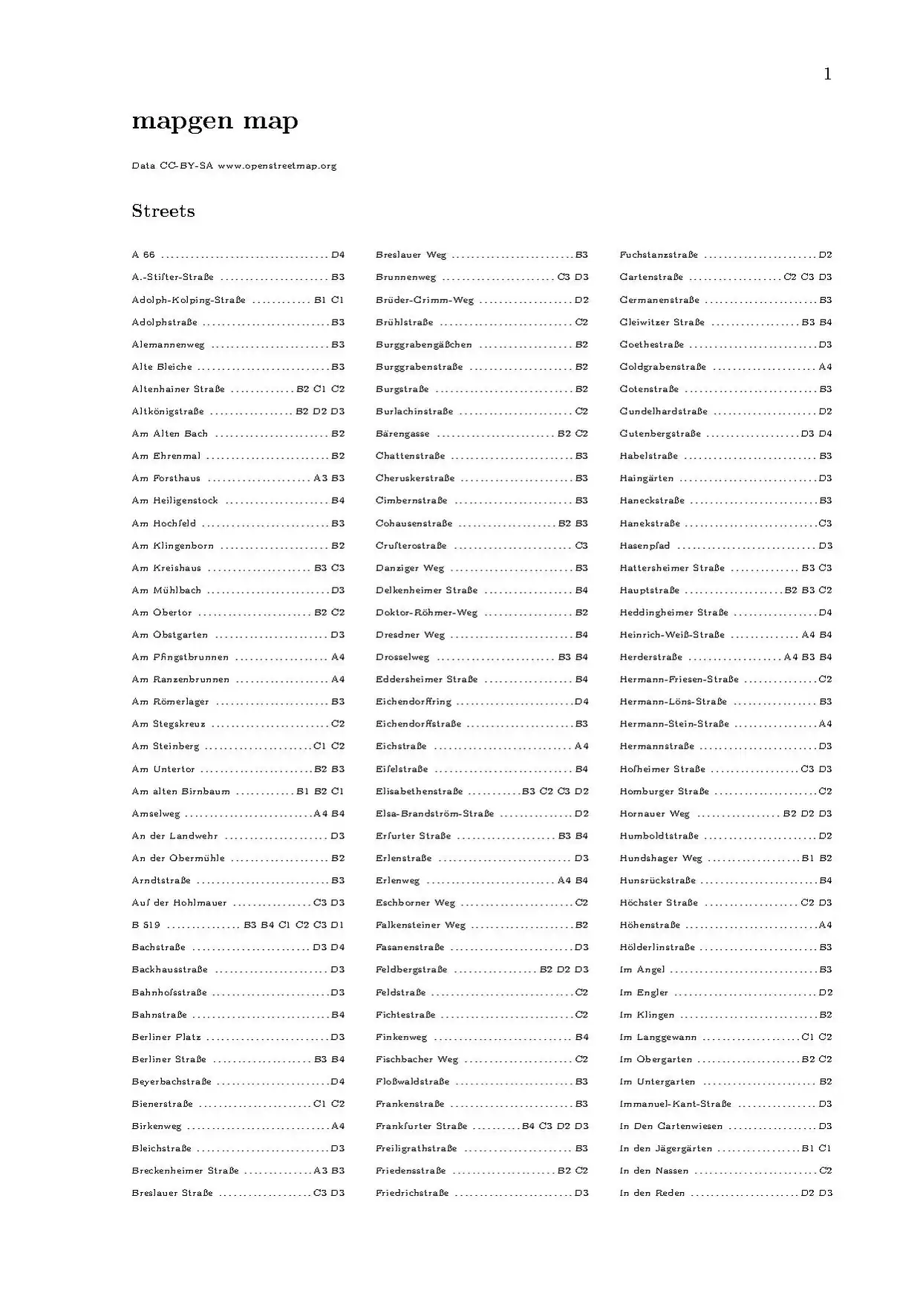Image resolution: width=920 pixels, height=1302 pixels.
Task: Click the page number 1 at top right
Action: pyautogui.click(x=827, y=74)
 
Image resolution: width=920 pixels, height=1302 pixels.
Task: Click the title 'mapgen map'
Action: pyautogui.click(x=215, y=121)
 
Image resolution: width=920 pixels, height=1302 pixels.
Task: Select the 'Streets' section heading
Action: pyautogui.click(x=163, y=211)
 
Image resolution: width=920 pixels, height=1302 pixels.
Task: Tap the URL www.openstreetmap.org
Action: pyautogui.click(x=277, y=166)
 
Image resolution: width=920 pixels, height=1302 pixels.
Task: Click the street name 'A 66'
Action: pyautogui.click(x=143, y=255)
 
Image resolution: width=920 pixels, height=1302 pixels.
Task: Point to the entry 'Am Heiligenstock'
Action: pyautogui.click(x=174, y=501)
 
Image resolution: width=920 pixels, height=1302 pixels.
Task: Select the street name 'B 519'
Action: pyautogui.click(x=146, y=925)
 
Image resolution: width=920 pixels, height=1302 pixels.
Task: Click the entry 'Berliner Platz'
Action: pyautogui.click(x=166, y=1037)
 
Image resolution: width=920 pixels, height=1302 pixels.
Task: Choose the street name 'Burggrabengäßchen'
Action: pyautogui.click(x=423, y=345)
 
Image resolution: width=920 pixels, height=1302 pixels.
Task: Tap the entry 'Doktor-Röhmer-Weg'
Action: pyautogui.click(x=426, y=613)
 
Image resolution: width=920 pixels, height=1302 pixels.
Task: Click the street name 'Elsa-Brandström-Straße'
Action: pyautogui.click(x=434, y=813)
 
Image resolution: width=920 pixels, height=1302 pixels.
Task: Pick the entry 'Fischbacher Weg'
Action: pyautogui.click(x=417, y=1059)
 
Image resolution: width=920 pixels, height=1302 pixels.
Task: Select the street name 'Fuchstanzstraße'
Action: pyautogui.click(x=659, y=255)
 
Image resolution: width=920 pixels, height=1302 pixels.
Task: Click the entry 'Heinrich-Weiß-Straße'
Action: pyautogui.click(x=672, y=635)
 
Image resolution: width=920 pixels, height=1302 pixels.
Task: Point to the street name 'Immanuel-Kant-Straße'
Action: pyautogui.click(x=675, y=1104)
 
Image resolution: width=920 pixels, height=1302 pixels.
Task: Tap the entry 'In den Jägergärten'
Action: pyautogui.click(x=665, y=1148)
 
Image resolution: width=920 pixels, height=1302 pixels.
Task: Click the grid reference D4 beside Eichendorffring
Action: pyautogui.click(x=581, y=702)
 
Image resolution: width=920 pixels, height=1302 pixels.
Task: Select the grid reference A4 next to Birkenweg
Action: pyautogui.click(x=338, y=1126)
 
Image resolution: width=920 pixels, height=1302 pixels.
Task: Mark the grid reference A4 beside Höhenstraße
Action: pyautogui.click(x=825, y=925)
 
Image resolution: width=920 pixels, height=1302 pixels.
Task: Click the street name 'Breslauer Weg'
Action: pyautogui.click(x=411, y=255)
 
